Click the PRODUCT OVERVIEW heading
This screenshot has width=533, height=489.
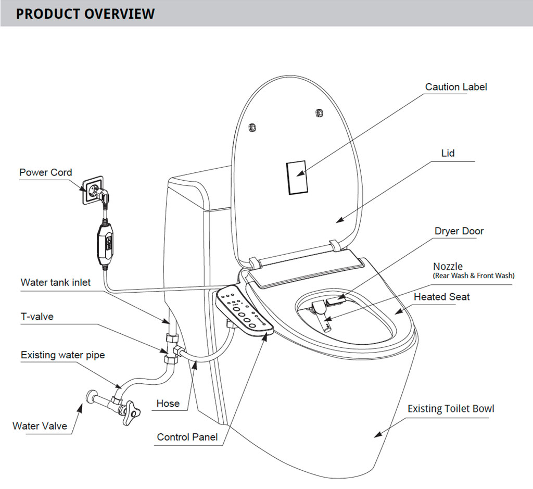click(85, 14)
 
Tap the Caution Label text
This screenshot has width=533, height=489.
click(456, 87)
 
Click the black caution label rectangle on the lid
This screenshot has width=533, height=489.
click(297, 177)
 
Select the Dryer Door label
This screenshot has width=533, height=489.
click(459, 231)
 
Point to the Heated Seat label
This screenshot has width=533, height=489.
click(441, 297)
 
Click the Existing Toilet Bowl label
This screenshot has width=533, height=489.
click(451, 409)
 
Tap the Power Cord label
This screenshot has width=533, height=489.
click(46, 172)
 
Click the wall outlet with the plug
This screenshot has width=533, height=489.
click(93, 190)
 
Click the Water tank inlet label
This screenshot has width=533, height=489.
click(56, 283)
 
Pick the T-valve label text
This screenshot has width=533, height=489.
click(37, 316)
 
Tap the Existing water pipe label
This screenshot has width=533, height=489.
click(62, 355)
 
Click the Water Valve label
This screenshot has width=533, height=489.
click(40, 426)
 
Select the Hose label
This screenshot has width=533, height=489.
click(168, 403)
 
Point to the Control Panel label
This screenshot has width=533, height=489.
click(187, 437)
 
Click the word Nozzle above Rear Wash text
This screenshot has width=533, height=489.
click(448, 267)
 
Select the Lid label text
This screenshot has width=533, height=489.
click(448, 153)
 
